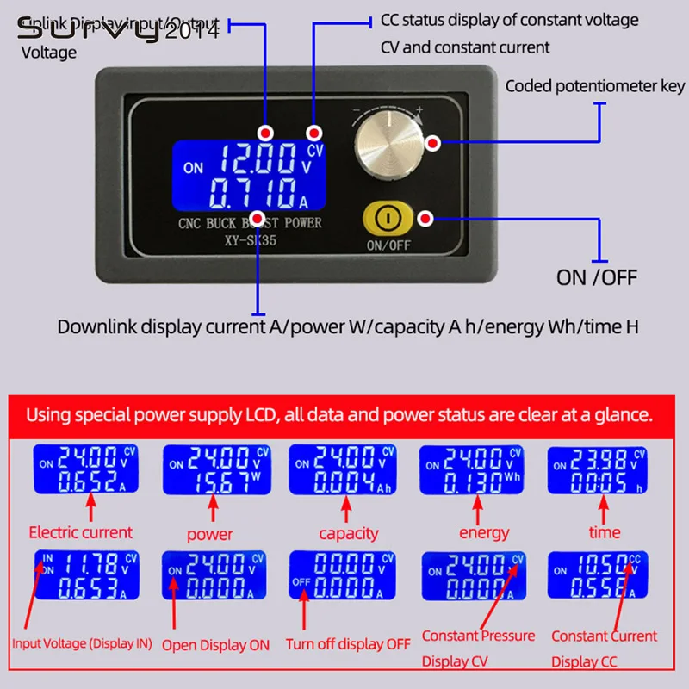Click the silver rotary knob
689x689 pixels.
pyautogui.click(x=387, y=143)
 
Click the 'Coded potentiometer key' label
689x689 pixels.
pyautogui.click(x=595, y=86)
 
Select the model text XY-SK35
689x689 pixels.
pyautogui.click(x=251, y=241)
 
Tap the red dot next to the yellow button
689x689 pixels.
pyautogui.click(x=425, y=217)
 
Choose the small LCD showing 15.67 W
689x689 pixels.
pyautogui.click(x=212, y=470)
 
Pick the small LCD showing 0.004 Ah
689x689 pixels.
pyautogui.click(x=342, y=470)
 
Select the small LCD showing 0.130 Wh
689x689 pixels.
pyautogui.click(x=472, y=470)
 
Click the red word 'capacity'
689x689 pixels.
pyautogui.click(x=348, y=533)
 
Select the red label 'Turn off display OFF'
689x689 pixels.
pyautogui.click(x=348, y=644)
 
